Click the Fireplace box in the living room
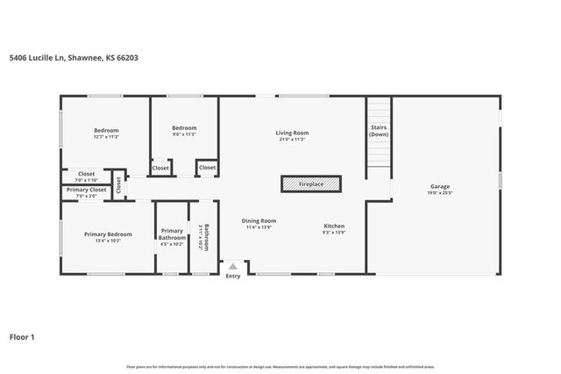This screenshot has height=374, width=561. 311,184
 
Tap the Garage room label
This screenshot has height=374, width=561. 439,186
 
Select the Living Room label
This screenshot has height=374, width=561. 292,133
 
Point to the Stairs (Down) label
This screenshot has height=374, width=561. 379,131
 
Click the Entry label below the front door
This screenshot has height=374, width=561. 232,277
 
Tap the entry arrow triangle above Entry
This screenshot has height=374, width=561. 232,266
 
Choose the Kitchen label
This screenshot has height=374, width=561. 334,226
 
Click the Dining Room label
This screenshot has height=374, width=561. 259,220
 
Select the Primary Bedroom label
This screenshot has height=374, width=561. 108,234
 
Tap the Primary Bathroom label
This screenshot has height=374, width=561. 172,234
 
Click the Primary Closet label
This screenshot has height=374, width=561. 86,190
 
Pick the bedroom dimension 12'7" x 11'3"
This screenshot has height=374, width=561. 106,137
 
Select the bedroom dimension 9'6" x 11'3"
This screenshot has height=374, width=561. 184,134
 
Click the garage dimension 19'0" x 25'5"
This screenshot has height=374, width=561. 439,192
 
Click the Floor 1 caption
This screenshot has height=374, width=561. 22,336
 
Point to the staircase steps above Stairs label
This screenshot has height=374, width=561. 379,112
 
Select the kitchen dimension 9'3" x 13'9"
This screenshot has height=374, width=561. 334,232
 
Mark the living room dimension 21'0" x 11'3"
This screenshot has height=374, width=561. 292,139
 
